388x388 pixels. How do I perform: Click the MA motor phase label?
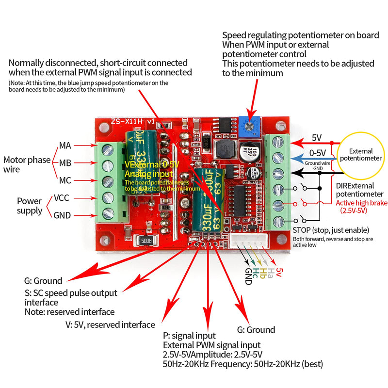click(65, 145)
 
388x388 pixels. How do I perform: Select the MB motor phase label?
click(65, 163)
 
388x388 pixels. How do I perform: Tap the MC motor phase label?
click(65, 180)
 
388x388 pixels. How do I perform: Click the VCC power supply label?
click(62, 198)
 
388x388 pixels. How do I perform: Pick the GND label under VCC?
click(62, 215)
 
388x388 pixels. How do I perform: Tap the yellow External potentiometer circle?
click(361, 155)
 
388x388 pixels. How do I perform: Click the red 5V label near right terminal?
click(317, 138)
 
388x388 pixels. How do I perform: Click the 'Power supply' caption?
click(30, 206)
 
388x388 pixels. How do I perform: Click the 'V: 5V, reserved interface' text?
click(110, 325)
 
